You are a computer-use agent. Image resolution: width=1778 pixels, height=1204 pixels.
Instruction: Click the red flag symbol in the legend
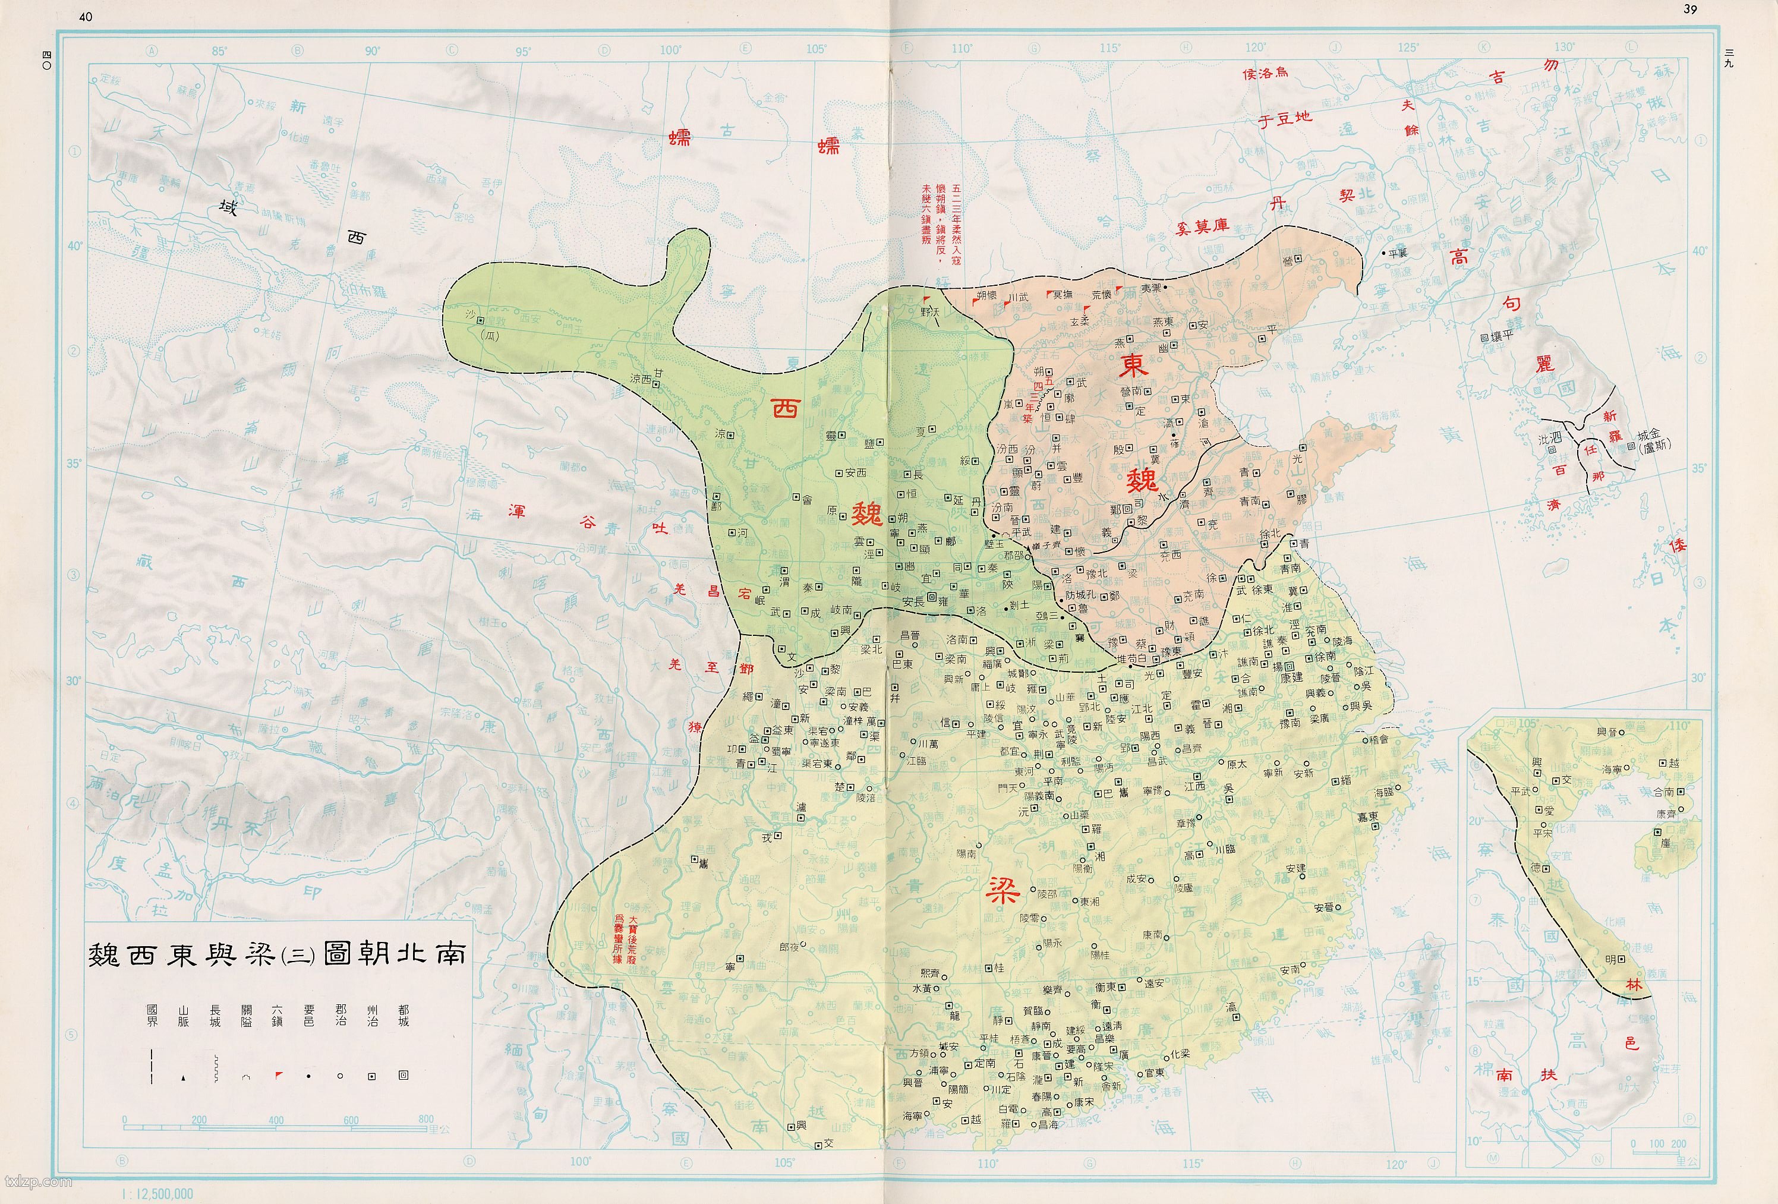tap(279, 1076)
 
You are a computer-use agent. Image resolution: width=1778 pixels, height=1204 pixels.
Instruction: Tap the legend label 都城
tap(403, 1016)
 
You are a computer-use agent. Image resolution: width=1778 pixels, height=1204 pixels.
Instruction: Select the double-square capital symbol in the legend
tap(403, 1076)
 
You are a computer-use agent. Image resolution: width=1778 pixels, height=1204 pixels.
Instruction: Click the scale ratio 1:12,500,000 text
tap(158, 1194)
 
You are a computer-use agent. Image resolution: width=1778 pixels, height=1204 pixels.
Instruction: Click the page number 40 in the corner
tap(86, 16)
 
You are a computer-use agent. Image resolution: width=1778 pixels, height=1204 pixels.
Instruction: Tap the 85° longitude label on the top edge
tap(219, 51)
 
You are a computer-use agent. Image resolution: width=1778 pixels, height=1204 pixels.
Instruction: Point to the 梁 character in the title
tap(256, 954)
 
